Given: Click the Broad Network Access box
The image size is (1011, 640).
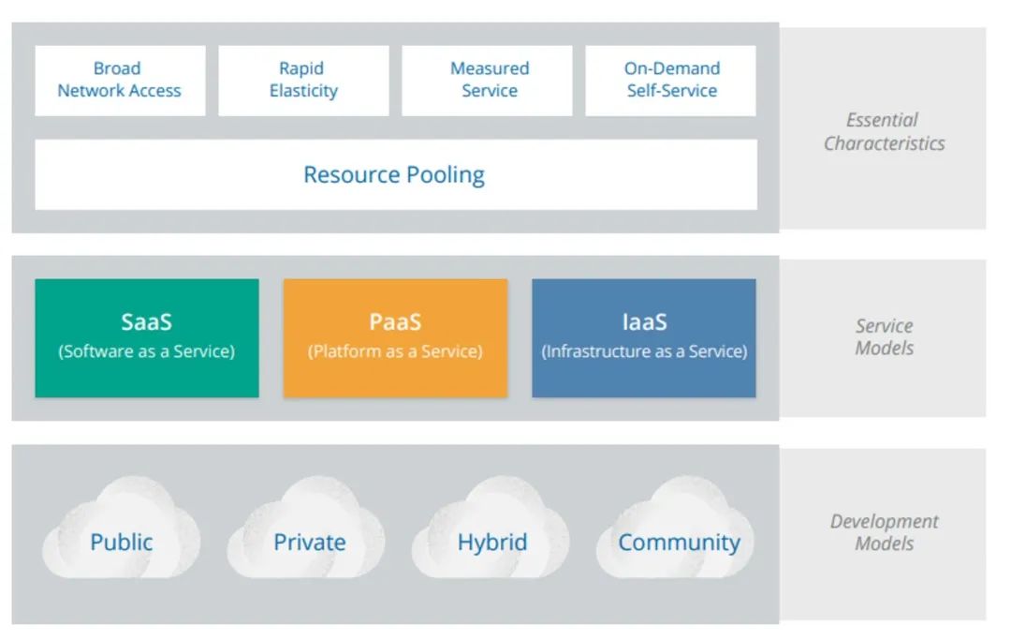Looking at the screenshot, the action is (120, 81).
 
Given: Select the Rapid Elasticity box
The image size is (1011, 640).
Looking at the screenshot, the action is (303, 81).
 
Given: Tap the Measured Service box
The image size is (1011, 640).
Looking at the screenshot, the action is (487, 81).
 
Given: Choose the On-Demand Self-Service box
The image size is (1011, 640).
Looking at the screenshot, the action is (670, 81).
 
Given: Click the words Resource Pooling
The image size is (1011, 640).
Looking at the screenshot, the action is (394, 175).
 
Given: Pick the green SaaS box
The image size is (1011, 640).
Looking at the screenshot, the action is (147, 338).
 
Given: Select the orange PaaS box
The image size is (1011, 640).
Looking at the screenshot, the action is (395, 338).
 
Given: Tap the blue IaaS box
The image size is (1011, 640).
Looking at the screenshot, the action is (644, 338).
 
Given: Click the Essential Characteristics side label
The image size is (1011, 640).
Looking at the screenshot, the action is (884, 131).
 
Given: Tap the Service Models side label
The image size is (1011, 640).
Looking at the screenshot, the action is (885, 336).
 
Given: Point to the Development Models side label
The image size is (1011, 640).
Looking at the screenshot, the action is (885, 532).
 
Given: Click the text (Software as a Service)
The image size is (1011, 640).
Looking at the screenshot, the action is (146, 351).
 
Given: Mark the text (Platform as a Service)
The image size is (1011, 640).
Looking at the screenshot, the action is (395, 351).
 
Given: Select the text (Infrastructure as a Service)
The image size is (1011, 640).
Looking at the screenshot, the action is (644, 351).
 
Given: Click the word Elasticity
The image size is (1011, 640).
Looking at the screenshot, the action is (303, 91).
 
